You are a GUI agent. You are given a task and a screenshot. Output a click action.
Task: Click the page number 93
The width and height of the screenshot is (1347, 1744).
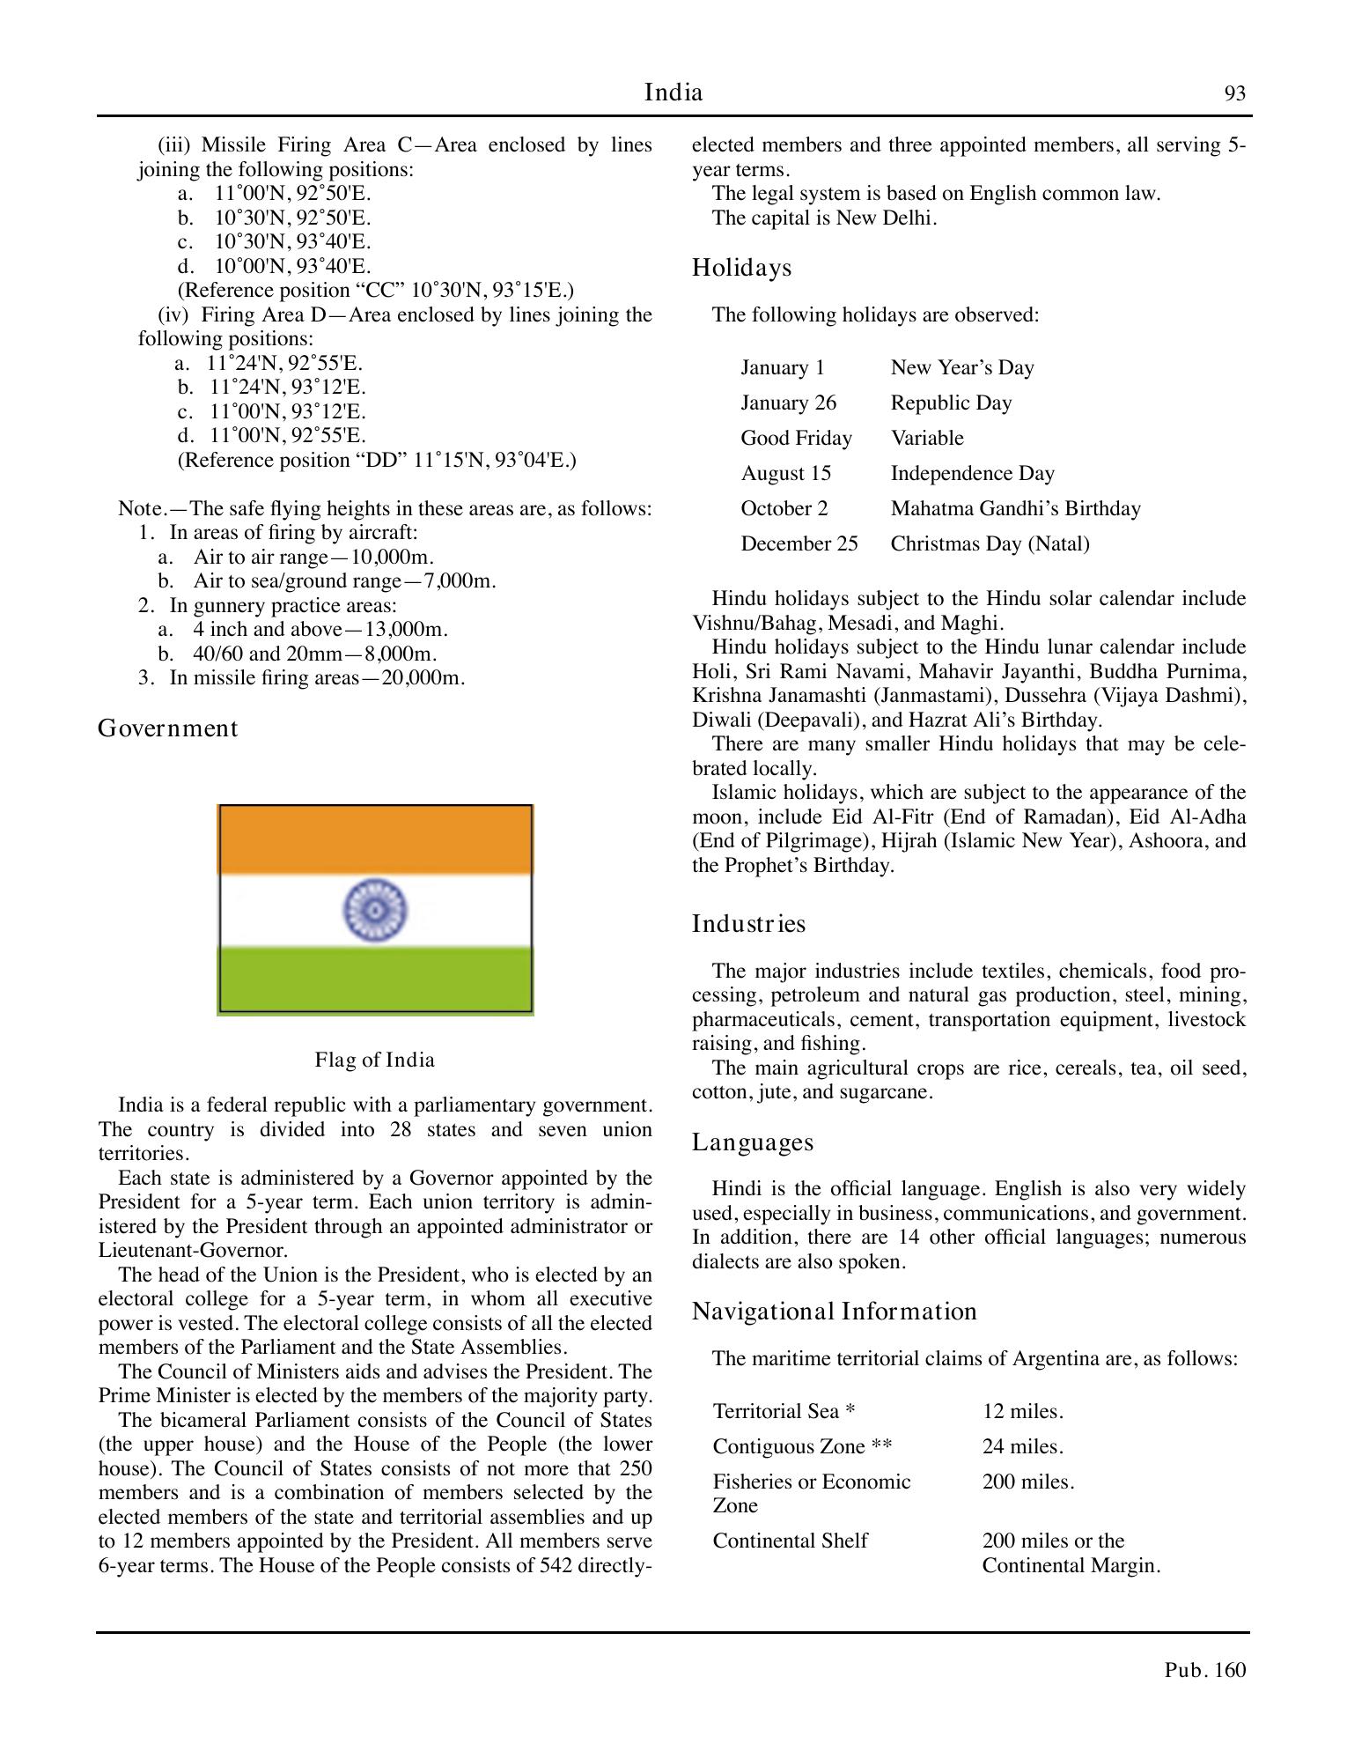tap(1234, 94)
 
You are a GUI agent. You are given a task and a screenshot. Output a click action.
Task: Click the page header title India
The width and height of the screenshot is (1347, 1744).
tap(673, 92)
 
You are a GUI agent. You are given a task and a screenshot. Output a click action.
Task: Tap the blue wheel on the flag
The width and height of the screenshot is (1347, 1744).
tap(375, 910)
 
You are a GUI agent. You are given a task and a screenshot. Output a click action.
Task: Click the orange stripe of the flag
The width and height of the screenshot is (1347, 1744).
tap(375, 839)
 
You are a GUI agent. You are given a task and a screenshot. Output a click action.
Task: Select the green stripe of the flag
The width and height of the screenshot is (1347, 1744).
tap(375, 979)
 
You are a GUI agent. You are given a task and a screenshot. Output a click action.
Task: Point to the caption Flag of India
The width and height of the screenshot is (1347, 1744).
tap(375, 1060)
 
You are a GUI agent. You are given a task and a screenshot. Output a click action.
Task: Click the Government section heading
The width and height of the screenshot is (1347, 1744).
tap(167, 728)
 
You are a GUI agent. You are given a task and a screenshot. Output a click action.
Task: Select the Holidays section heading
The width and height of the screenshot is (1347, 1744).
tap(741, 268)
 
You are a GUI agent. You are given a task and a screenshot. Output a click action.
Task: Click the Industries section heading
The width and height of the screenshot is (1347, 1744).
tap(748, 924)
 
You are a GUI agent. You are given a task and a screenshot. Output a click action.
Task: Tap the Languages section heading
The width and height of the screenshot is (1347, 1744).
tap(753, 1142)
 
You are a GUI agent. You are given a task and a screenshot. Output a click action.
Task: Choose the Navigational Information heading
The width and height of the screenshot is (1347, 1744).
tap(834, 1312)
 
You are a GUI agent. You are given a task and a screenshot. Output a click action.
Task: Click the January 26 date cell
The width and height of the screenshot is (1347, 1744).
tap(788, 403)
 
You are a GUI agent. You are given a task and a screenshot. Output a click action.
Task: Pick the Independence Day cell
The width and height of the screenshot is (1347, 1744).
tap(972, 473)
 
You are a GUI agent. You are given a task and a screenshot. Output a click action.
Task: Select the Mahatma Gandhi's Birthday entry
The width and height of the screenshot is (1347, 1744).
tap(1015, 508)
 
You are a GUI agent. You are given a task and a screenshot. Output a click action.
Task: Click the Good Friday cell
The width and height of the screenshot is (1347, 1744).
tap(796, 438)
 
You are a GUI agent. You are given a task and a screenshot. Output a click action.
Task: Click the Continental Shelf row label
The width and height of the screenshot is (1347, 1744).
tap(790, 1541)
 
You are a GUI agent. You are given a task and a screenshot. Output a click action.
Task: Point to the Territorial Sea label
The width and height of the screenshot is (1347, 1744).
tap(784, 1411)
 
